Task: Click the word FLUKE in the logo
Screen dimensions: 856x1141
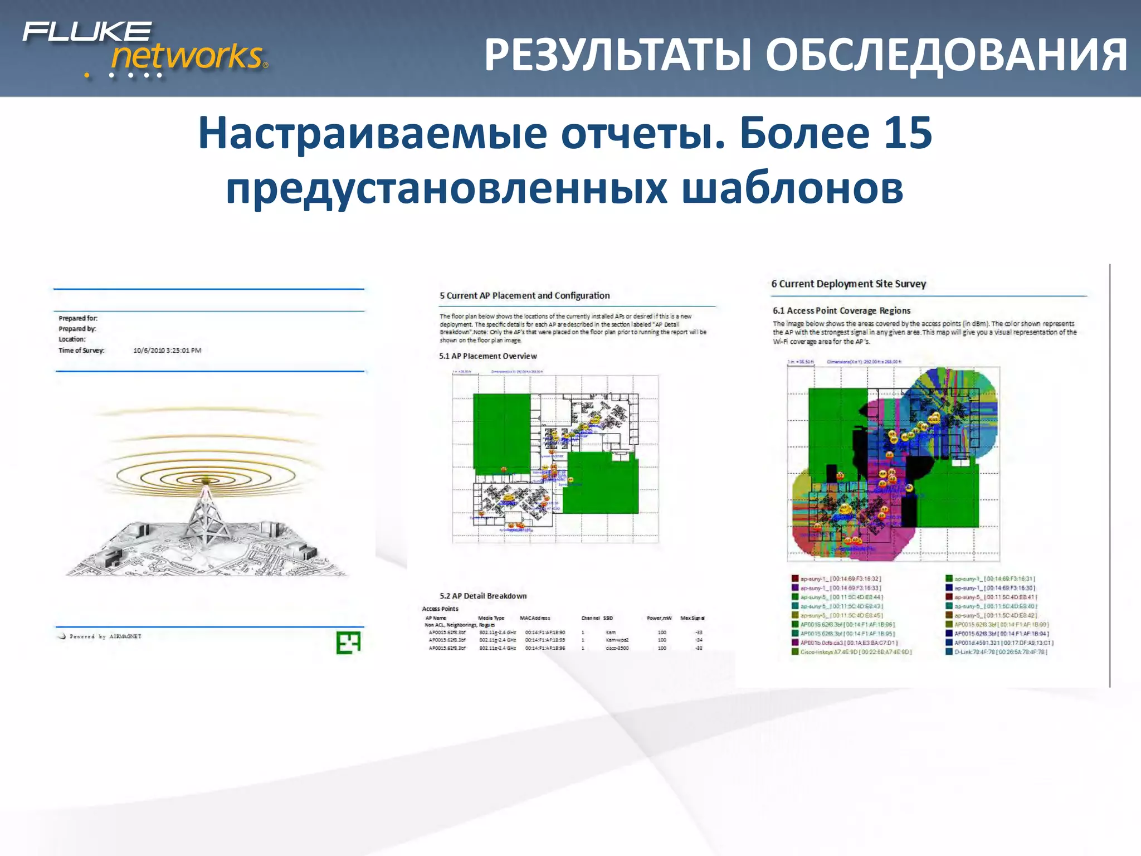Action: tap(87, 31)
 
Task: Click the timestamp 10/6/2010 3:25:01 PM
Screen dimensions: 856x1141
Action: tap(167, 351)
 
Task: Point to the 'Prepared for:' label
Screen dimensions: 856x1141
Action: tap(78, 318)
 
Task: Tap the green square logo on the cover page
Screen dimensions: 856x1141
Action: tap(348, 643)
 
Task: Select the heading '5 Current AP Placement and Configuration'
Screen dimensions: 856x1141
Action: tap(524, 295)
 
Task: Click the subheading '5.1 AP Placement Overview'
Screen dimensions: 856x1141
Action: tap(488, 356)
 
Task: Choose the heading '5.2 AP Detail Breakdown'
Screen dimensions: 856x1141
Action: tap(483, 596)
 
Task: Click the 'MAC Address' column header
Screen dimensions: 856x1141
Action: tap(535, 618)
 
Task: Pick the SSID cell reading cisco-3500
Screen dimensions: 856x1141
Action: tap(617, 648)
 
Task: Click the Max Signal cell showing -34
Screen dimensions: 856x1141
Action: tap(699, 640)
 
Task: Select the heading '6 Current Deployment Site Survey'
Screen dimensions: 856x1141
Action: tap(849, 284)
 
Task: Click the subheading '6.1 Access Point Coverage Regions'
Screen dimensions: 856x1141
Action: tap(841, 310)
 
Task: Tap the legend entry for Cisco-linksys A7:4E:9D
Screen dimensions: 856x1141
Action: tap(855, 651)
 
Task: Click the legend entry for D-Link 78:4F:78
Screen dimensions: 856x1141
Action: tap(1000, 651)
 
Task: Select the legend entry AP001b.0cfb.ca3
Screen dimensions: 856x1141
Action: tap(848, 643)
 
